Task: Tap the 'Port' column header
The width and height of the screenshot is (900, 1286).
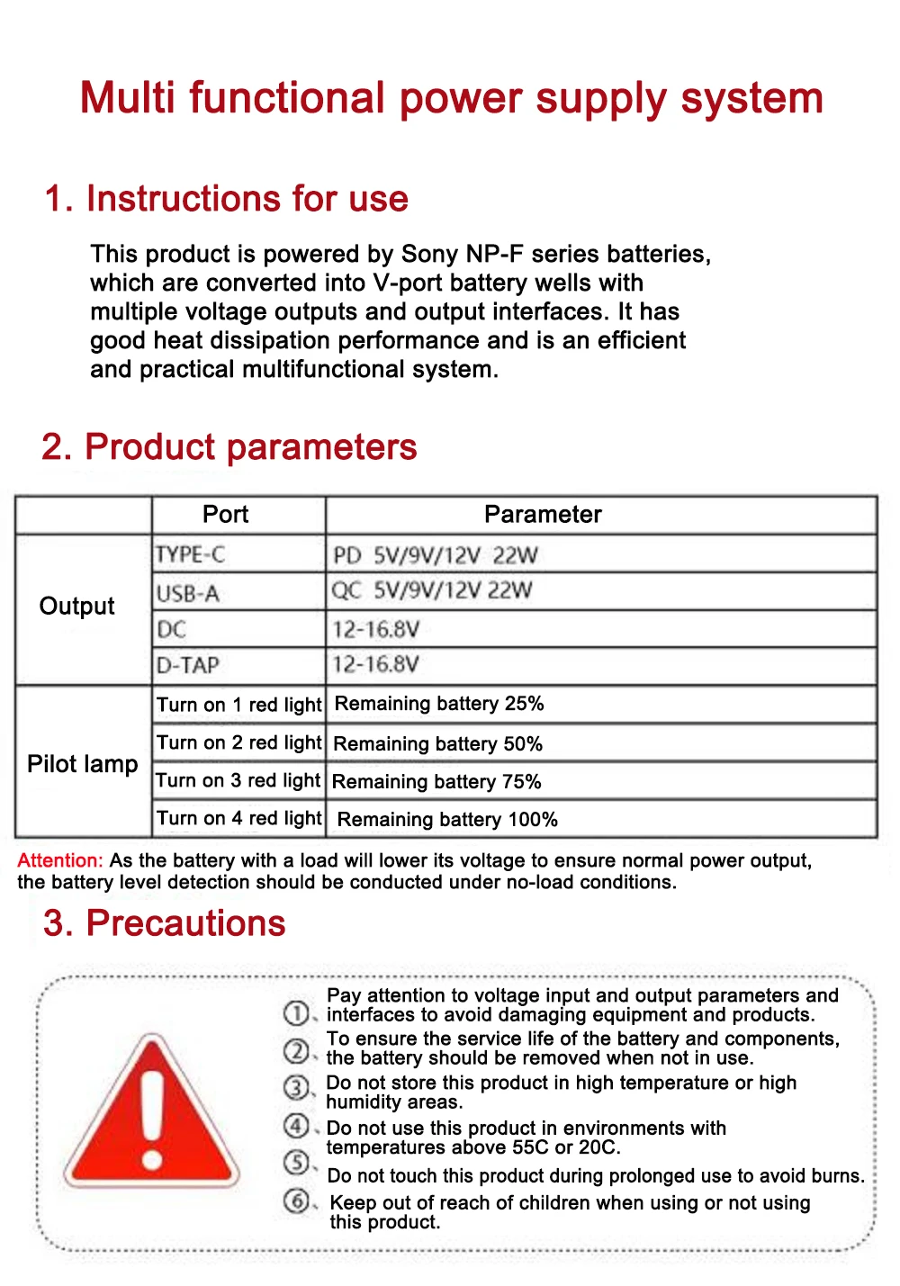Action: pos(225,515)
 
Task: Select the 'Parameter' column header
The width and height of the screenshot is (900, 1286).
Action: pos(543,515)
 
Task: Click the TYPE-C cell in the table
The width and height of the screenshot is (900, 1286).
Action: pos(190,554)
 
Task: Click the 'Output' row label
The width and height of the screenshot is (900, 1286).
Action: pos(77,607)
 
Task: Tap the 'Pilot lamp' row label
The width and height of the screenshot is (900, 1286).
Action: pos(83,764)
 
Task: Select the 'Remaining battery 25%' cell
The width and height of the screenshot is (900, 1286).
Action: pos(439,704)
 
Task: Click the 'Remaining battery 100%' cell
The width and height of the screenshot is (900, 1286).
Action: pos(447,820)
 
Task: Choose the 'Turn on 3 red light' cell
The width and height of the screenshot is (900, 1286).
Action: pos(238,780)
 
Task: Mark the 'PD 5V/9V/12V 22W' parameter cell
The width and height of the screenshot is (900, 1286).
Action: pos(436,555)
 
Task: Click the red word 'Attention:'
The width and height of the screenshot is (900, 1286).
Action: pos(60,860)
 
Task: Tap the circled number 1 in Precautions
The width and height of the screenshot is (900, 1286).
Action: pos(296,1013)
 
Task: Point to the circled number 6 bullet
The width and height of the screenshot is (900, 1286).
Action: pos(296,1201)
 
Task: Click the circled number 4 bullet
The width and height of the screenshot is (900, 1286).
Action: pos(296,1126)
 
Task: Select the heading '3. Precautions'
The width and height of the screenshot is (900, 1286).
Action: pos(165,923)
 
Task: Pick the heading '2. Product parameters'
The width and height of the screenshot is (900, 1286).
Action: pos(229,447)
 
